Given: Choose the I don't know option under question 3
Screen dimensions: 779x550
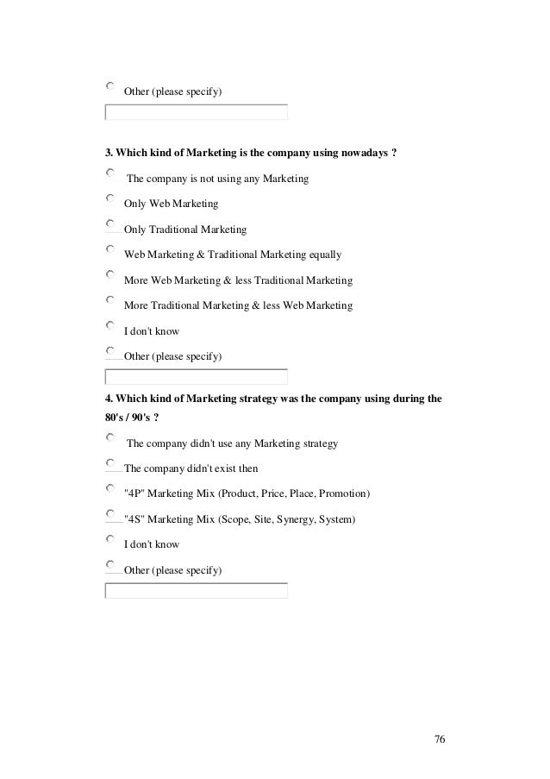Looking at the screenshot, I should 109,325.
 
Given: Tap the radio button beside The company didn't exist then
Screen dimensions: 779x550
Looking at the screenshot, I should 109,463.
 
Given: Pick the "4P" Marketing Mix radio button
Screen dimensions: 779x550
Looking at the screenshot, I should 109,488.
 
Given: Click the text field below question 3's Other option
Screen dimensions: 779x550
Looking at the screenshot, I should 196,376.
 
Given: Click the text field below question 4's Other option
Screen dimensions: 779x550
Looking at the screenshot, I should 196,591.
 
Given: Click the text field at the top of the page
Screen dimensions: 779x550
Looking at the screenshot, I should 196,112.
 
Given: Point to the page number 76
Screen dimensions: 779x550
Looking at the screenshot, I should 440,740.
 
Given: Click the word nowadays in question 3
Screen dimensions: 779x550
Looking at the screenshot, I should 363,154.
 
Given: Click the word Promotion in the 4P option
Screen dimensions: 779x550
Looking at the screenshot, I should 343,494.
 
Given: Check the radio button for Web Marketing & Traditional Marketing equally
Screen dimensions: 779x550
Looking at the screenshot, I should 109,249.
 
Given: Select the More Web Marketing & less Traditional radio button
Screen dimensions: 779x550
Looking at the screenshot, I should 109,275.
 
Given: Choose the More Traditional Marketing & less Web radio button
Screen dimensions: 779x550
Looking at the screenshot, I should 109,300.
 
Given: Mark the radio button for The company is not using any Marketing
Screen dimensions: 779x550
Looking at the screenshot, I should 109,173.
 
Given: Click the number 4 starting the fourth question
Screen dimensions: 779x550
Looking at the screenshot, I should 108,399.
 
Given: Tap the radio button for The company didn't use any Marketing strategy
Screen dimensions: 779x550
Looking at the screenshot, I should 109,438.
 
